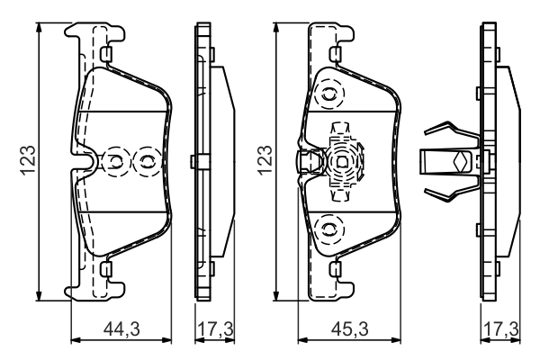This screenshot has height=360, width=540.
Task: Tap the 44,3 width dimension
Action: coord(121,330)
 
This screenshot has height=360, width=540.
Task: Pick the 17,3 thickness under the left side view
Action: coord(214,330)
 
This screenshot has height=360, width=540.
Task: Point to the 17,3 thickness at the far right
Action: coord(500,330)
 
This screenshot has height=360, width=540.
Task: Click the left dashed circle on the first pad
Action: coord(116,162)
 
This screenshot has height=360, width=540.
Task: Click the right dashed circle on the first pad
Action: coord(144,162)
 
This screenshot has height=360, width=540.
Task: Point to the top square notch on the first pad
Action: coord(107,58)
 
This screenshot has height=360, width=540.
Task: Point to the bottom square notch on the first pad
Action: coord(107,268)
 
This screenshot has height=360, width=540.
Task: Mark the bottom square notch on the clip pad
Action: coord(335,267)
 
